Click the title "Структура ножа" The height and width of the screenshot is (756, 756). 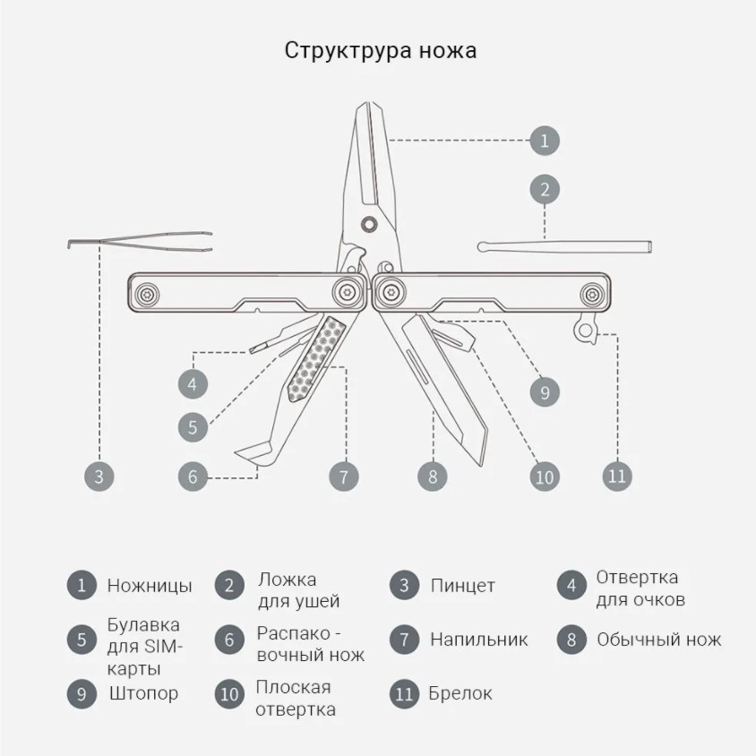[381, 50]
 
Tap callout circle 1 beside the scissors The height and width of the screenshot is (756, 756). [545, 141]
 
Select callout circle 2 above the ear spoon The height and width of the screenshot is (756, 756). [545, 189]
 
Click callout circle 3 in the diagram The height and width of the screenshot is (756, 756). [99, 476]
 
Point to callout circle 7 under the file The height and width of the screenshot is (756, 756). [344, 476]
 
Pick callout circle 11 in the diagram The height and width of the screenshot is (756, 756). [617, 476]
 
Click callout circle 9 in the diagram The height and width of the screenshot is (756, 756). [545, 391]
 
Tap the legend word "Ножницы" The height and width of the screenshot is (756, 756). [150, 587]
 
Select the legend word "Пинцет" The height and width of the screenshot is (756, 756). [462, 587]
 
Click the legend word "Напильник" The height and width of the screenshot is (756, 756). [478, 640]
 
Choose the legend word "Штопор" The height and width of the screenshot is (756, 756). [143, 693]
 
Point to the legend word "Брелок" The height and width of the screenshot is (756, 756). [460, 693]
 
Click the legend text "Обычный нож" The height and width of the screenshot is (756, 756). [658, 640]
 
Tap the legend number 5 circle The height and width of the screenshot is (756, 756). [82, 640]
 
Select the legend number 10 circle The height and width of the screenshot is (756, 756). [230, 694]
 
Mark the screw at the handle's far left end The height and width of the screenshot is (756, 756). [147, 293]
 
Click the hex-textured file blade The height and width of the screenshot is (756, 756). [317, 358]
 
